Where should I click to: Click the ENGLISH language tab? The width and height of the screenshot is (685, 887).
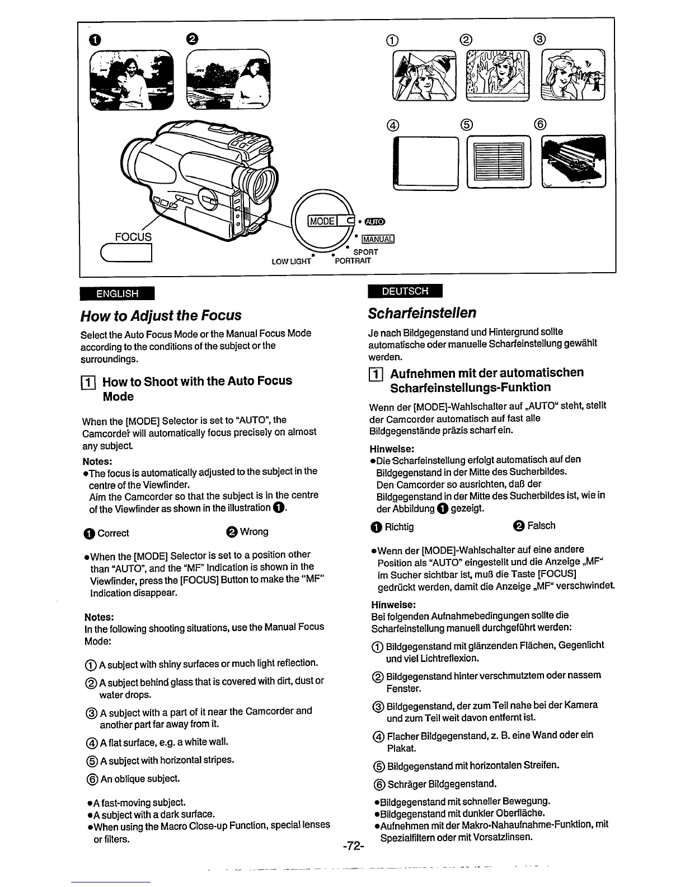(x=118, y=293)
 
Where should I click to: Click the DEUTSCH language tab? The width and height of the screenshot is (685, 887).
(x=405, y=291)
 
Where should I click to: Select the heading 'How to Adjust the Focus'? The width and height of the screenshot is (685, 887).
(x=161, y=315)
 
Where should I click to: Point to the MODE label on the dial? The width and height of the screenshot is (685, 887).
(x=322, y=221)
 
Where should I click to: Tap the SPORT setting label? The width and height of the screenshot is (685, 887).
(x=365, y=252)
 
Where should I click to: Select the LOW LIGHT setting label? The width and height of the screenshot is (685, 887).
(x=291, y=262)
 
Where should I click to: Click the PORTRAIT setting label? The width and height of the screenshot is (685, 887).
(x=352, y=261)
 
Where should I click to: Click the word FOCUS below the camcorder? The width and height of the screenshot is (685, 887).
(x=133, y=237)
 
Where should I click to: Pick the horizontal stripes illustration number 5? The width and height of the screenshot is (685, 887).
(x=498, y=161)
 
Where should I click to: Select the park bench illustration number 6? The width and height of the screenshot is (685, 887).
(x=574, y=161)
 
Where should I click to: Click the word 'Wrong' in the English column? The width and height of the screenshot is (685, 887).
(x=254, y=531)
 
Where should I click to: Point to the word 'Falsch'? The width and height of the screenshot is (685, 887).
(x=541, y=526)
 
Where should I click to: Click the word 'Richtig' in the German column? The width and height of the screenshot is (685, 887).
(x=399, y=527)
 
